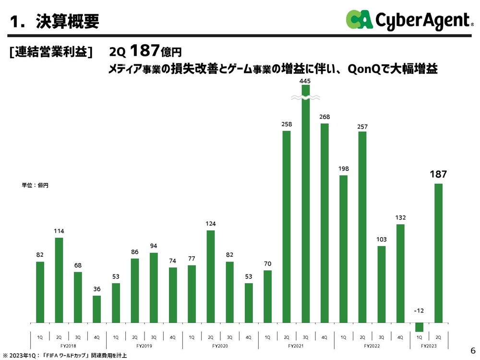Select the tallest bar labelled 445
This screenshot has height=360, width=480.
coord(306,206)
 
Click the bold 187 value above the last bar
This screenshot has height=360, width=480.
coord(438,174)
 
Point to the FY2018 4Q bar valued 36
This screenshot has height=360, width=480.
coord(97,309)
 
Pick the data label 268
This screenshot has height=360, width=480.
coord(324,117)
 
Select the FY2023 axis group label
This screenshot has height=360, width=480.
coord(429,346)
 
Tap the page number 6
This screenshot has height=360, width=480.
coord(472,349)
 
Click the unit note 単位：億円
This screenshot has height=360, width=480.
coord(35,185)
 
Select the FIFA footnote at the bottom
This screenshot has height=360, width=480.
coord(65,356)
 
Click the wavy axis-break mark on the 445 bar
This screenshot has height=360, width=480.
coord(306,97)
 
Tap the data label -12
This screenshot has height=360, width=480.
coord(420,312)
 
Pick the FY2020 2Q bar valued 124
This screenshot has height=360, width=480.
coord(211,276)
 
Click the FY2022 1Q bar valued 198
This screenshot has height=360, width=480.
coord(344,249)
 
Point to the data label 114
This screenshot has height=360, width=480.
coord(59,231)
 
